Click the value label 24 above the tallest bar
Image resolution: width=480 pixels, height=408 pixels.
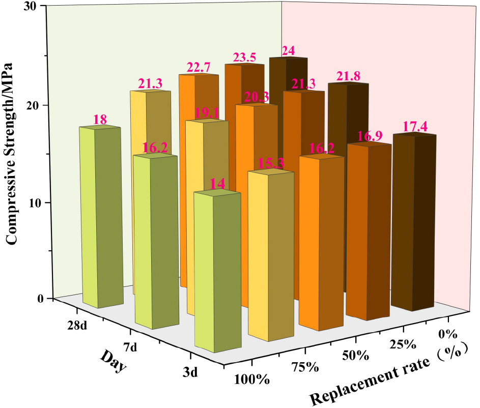(x=288, y=51)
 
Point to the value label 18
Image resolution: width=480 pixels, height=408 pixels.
(x=100, y=120)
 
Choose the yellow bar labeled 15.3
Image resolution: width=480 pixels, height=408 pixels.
(x=271, y=254)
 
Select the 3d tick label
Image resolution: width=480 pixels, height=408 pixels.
(x=191, y=373)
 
